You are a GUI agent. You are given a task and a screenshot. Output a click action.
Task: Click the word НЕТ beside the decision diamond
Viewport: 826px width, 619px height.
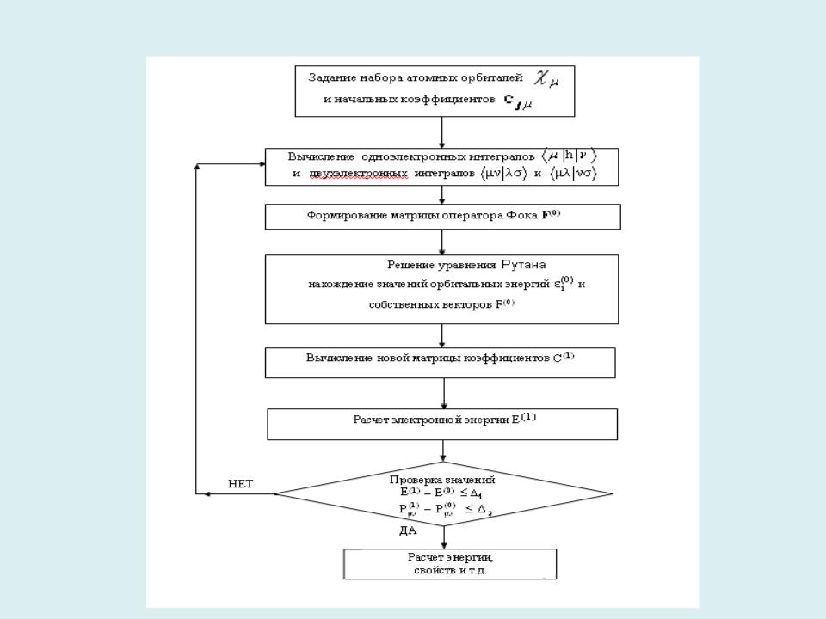point(240,484)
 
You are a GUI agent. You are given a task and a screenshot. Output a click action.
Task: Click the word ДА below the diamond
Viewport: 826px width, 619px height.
point(409,531)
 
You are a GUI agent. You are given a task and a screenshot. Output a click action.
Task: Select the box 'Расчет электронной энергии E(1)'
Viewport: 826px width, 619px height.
point(442,423)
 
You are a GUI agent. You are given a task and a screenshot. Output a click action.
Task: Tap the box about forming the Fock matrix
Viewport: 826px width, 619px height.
point(442,217)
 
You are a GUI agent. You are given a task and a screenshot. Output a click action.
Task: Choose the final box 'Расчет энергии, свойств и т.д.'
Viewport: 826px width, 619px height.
point(450,564)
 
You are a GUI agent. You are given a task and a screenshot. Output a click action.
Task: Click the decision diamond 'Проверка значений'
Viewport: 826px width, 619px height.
point(443,494)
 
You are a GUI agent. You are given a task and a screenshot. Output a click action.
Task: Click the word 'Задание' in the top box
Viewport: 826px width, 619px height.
point(328,77)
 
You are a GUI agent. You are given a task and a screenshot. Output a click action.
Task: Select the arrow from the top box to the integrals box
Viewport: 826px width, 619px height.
point(441,132)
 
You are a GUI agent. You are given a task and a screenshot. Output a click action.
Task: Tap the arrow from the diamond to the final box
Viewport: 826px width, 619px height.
point(444,536)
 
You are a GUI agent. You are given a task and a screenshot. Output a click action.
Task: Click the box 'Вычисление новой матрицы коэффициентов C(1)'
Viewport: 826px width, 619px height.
point(440,362)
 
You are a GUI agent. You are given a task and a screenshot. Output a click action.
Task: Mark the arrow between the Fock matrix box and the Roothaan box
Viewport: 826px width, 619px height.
point(442,242)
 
